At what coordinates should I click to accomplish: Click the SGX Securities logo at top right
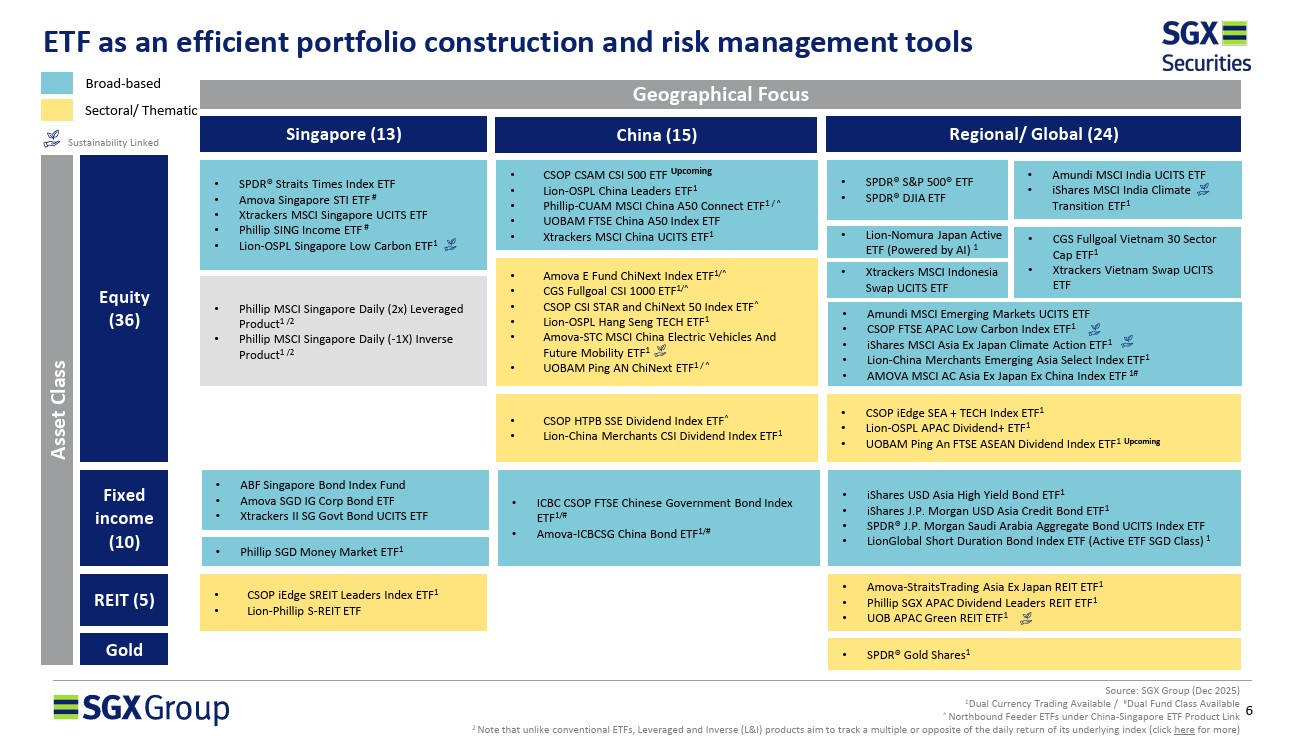click(x=1205, y=47)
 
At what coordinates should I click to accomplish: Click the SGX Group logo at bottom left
click(x=141, y=709)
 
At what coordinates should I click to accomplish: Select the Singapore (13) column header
click(x=343, y=134)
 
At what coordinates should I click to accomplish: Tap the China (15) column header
click(x=656, y=135)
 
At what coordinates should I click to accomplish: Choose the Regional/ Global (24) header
click(x=1033, y=134)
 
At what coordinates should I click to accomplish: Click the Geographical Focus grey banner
click(x=720, y=95)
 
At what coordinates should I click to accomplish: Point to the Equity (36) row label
click(x=124, y=308)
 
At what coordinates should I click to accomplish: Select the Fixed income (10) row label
click(x=124, y=518)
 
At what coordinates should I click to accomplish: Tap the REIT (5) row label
click(x=124, y=600)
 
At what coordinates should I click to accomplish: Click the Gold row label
click(x=124, y=650)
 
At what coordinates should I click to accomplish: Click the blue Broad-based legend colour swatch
click(x=57, y=83)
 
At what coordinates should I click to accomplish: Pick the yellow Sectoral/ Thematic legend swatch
click(x=57, y=109)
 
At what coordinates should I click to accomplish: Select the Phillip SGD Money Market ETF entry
click(x=321, y=551)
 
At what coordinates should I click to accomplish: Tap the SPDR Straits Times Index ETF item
click(x=317, y=184)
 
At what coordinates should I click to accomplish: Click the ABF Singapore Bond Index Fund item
click(x=322, y=485)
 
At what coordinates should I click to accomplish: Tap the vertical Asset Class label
click(x=57, y=409)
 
